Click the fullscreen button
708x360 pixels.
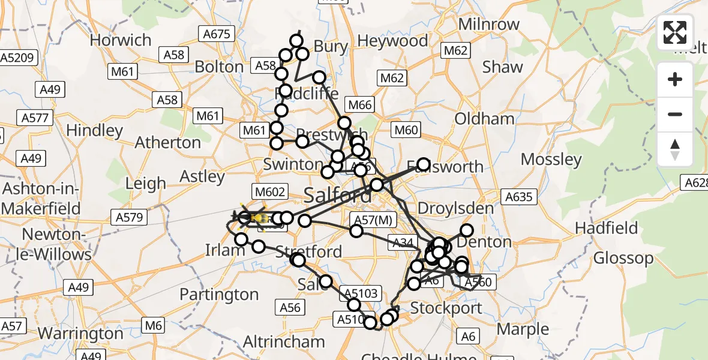click(x=675, y=32)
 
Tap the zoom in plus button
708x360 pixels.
click(x=675, y=79)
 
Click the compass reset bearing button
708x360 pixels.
click(x=675, y=149)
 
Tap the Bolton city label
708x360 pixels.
click(x=219, y=67)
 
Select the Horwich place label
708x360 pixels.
click(x=121, y=40)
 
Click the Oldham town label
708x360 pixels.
click(x=484, y=119)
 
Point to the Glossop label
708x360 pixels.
click(x=623, y=259)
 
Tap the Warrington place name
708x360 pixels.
click(x=80, y=334)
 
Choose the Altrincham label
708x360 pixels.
click(x=284, y=342)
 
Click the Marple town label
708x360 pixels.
click(x=523, y=329)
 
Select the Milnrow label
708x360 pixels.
click(x=488, y=25)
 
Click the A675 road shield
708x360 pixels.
click(x=217, y=34)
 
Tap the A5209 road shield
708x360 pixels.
click(x=19, y=58)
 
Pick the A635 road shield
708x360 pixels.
click(x=518, y=196)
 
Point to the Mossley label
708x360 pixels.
click(x=551, y=160)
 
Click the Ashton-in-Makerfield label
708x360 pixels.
click(x=41, y=198)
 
